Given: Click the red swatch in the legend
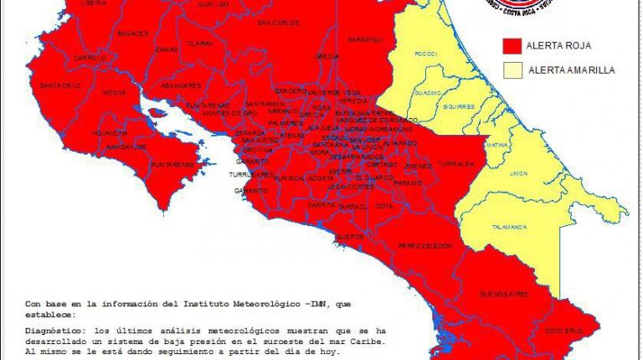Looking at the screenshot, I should [512, 45].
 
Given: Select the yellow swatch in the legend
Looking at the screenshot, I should [512, 71].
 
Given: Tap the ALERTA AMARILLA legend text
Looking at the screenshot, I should [571, 71].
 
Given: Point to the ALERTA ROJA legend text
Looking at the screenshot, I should [553, 45].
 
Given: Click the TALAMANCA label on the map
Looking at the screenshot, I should [508, 227].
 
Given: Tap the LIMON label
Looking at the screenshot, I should [518, 172].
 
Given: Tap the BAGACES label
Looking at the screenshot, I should [133, 33].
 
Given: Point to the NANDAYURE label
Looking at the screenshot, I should [126, 147].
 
